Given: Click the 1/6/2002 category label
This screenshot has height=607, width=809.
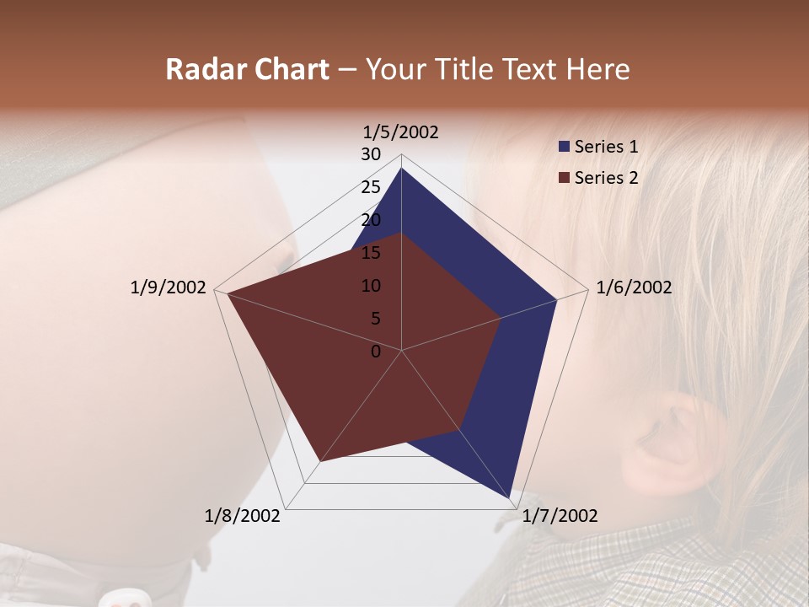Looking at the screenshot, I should coord(634,287).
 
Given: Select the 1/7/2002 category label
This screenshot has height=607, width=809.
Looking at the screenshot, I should coord(560,515).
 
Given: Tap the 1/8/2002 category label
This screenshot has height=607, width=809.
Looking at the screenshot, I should coord(243,515).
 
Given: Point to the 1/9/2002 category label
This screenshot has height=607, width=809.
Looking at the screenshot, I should coord(169,287).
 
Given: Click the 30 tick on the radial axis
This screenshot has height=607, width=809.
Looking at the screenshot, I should coord(371,154).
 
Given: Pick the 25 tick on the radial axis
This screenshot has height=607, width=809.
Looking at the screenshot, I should coord(371,187).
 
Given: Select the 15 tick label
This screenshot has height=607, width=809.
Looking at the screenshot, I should coord(371,253).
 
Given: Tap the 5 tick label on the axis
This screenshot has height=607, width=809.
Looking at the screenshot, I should coord(376,319).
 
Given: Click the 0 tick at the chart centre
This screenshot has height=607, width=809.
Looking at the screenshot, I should coord(376,352).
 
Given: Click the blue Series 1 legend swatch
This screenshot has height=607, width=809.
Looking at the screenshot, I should coord(564,147).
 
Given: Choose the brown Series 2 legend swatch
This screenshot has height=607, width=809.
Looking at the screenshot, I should coord(564,178).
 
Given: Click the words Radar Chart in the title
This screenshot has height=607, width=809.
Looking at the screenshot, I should coord(247,69).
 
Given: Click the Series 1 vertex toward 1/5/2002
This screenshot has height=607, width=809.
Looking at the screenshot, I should coord(401,168).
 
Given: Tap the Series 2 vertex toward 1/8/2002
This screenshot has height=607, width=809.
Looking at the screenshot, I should coord(320,462).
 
